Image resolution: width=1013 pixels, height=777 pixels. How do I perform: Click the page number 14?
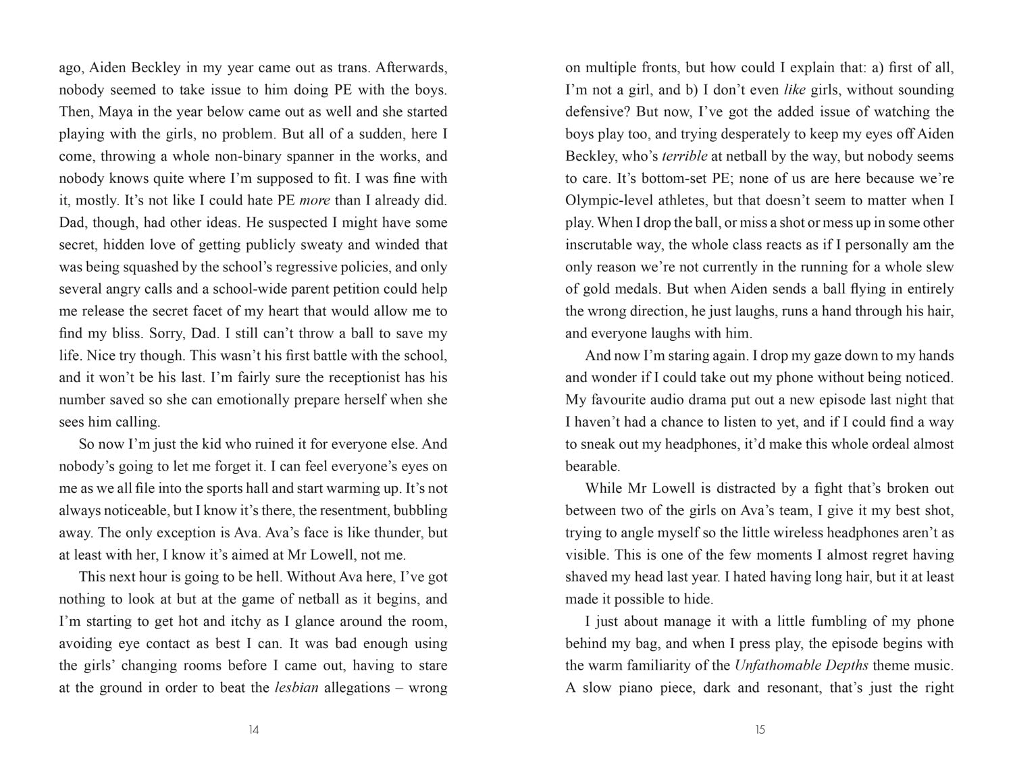(x=253, y=730)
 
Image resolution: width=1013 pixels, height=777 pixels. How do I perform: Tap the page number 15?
(x=760, y=730)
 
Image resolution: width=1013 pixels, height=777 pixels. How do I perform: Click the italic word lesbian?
(x=296, y=689)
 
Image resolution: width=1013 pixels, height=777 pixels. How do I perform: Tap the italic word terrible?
(x=684, y=157)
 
